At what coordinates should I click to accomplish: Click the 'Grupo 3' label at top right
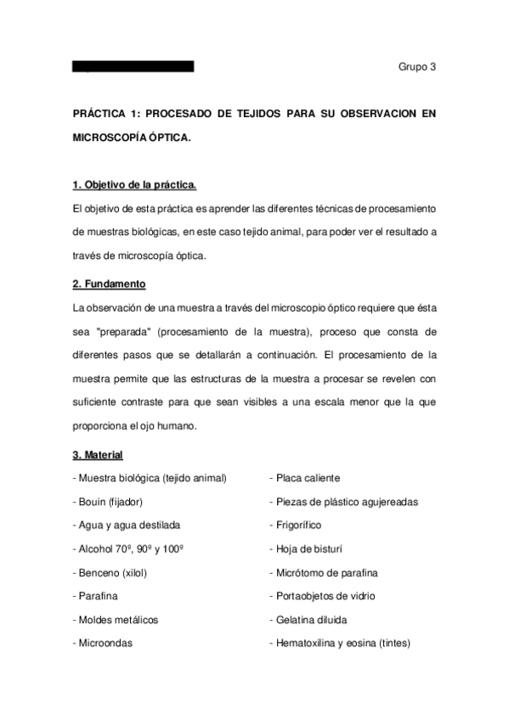click(x=416, y=68)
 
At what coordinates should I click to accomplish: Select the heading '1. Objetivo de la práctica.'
click(x=134, y=184)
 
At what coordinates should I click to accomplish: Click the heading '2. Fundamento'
click(x=110, y=283)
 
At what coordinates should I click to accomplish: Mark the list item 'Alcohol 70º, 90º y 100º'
click(x=129, y=549)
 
